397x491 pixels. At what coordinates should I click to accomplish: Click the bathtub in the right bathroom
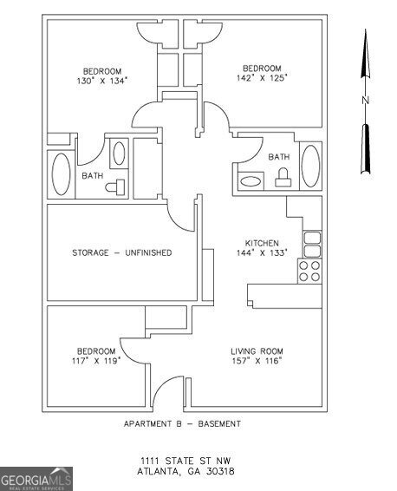pyautogui.click(x=309, y=165)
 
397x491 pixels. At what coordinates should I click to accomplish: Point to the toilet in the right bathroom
pyautogui.click(x=281, y=179)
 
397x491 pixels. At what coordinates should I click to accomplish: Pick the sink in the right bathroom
pyautogui.click(x=252, y=182)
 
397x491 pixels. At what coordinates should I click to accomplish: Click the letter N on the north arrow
pyautogui.click(x=366, y=101)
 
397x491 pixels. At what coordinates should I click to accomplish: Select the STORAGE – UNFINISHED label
pyautogui.click(x=121, y=252)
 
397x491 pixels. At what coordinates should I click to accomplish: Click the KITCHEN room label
pyautogui.click(x=262, y=243)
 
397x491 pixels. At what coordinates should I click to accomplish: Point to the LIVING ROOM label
pyautogui.click(x=257, y=350)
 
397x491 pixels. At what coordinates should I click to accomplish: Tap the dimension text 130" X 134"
pyautogui.click(x=102, y=81)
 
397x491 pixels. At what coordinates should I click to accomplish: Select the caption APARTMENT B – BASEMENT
pyautogui.click(x=183, y=423)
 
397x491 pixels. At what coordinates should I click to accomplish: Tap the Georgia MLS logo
pyautogui.click(x=36, y=479)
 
